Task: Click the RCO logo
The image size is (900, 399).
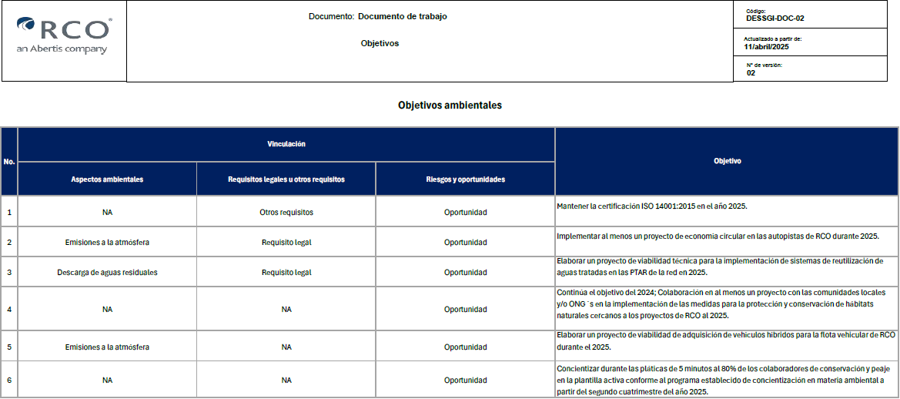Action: (63, 35)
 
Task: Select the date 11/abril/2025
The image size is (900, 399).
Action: (766, 47)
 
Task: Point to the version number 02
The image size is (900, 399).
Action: (751, 73)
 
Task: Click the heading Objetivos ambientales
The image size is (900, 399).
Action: (450, 105)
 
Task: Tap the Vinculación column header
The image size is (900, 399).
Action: (286, 144)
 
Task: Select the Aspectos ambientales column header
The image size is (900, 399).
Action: (107, 179)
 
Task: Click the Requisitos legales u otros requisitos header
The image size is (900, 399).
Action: (286, 179)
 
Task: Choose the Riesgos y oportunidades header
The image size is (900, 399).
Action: (465, 179)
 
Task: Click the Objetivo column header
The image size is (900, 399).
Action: (727, 162)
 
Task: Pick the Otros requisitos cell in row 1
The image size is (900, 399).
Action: (286, 212)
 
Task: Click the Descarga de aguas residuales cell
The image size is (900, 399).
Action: (107, 272)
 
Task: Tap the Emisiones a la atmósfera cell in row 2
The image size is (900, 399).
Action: (107, 242)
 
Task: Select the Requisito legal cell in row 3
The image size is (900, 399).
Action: (286, 272)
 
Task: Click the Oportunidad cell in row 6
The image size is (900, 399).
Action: (465, 380)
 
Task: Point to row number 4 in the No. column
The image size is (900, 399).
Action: (9, 310)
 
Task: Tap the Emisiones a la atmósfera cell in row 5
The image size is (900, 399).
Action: (107, 347)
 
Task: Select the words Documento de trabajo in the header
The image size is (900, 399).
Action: (403, 16)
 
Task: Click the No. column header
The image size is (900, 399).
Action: (9, 162)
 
